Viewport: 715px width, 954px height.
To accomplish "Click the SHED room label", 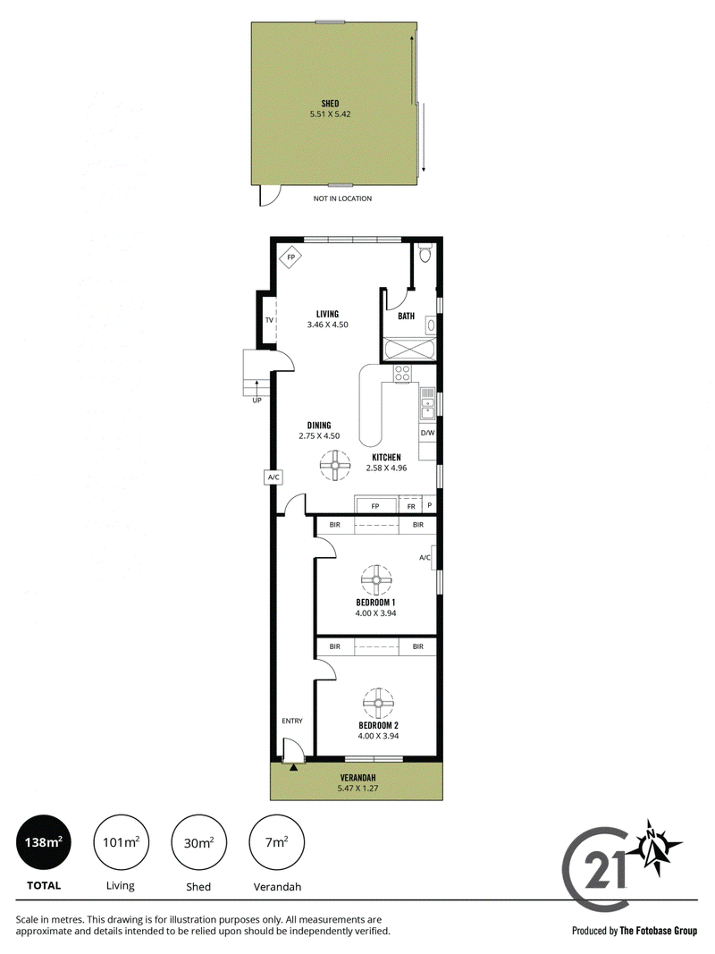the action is tap(330, 104).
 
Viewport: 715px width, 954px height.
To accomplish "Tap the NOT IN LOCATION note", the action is tap(342, 198).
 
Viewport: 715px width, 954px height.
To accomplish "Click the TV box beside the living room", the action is tap(269, 319).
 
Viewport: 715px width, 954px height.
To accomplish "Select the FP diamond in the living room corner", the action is tap(290, 257).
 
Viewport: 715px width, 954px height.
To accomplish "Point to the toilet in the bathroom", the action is tap(425, 252).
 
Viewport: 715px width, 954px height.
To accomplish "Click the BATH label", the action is tap(406, 316).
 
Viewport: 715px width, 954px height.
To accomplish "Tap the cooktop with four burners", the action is tap(402, 373).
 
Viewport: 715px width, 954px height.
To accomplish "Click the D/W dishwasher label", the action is tap(427, 434).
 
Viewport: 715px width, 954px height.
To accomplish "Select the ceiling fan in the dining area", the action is tap(335, 466).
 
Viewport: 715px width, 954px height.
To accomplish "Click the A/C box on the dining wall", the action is tap(273, 477).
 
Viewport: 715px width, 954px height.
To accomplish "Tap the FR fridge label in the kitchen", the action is tap(411, 506).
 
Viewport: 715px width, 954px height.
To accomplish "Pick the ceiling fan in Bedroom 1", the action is tap(376, 580).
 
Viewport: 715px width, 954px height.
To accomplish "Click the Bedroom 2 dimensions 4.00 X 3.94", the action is tap(377, 736).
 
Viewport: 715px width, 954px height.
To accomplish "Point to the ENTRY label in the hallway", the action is tap(292, 721).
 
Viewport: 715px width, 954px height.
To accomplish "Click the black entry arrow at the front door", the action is tap(294, 768).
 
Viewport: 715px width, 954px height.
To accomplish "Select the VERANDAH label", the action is tap(357, 778).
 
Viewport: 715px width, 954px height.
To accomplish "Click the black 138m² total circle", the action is tap(44, 842).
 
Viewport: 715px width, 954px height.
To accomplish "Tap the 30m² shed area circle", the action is tap(198, 842).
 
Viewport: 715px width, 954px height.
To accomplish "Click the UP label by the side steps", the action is tap(257, 401).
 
